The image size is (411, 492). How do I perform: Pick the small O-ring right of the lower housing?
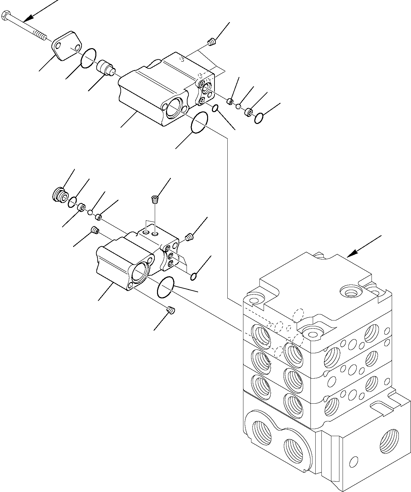194,277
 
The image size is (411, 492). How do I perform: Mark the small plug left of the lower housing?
95,230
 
